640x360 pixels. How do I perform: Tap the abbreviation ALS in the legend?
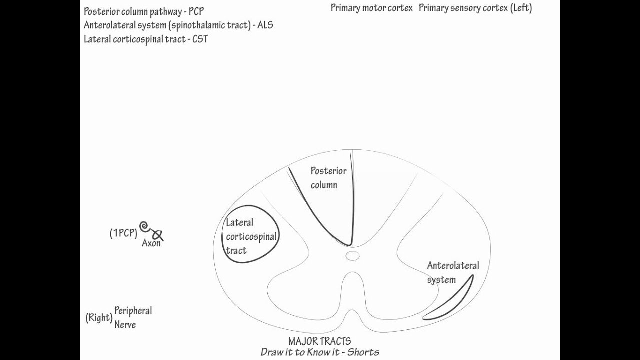point(265,25)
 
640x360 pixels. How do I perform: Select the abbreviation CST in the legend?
point(200,39)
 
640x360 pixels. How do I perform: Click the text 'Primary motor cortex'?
point(371,8)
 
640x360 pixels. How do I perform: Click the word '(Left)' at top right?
point(521,8)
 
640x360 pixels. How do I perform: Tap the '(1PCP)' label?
point(123,233)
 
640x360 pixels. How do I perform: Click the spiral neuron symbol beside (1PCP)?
point(145,227)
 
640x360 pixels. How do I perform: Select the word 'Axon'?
point(151,244)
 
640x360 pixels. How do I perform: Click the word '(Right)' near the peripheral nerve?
point(99,318)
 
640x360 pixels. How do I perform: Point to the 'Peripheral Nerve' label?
point(133,317)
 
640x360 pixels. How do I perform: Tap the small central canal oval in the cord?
point(353,256)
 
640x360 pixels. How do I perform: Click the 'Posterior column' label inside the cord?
point(328,178)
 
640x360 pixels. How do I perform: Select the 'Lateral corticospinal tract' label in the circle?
point(250,236)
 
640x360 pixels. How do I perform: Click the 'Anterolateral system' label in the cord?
point(452,272)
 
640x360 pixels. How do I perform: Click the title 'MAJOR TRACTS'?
point(319,341)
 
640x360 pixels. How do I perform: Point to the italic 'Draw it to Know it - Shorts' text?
point(320,352)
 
